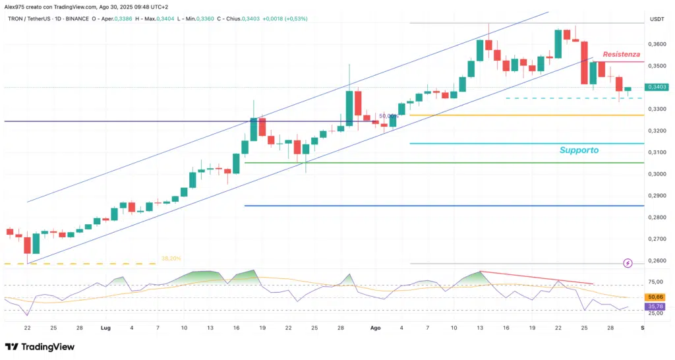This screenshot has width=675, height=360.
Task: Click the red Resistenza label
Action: pos(621,54)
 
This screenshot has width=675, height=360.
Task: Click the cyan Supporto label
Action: pos(579,150)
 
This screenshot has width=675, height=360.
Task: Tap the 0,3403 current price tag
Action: pos(657,87)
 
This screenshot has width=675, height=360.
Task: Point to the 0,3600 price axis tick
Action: pos(657,44)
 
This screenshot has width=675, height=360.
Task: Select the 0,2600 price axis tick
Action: pos(657,260)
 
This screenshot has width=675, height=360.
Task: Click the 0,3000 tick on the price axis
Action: pos(657,174)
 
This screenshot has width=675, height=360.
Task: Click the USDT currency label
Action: pos(657,19)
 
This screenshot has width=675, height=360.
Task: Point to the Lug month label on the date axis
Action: pos(105,327)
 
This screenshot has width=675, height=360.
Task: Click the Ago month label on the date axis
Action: pos(375,327)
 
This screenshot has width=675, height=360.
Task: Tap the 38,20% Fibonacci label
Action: pos(171,258)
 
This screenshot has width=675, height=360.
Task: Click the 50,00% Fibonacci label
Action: pos(388,115)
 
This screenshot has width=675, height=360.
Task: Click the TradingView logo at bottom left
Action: pos(40,347)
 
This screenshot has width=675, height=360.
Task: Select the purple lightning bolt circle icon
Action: pos(628,263)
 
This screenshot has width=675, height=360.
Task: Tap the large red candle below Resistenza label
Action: pos(584,63)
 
